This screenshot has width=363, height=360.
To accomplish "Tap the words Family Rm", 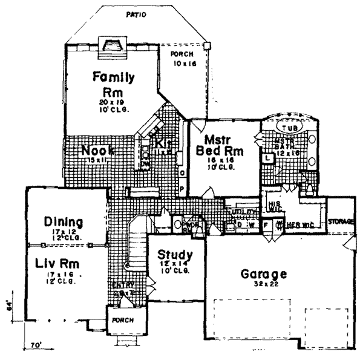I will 113,84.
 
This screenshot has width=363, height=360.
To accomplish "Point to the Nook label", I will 98,149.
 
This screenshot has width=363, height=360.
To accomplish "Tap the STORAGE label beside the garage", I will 341,222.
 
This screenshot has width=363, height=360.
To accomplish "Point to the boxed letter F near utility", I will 265,225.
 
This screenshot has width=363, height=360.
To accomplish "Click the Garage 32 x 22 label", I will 263,277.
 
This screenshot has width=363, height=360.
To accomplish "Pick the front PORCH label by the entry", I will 123,319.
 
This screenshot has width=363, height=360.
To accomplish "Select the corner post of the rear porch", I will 208,44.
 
